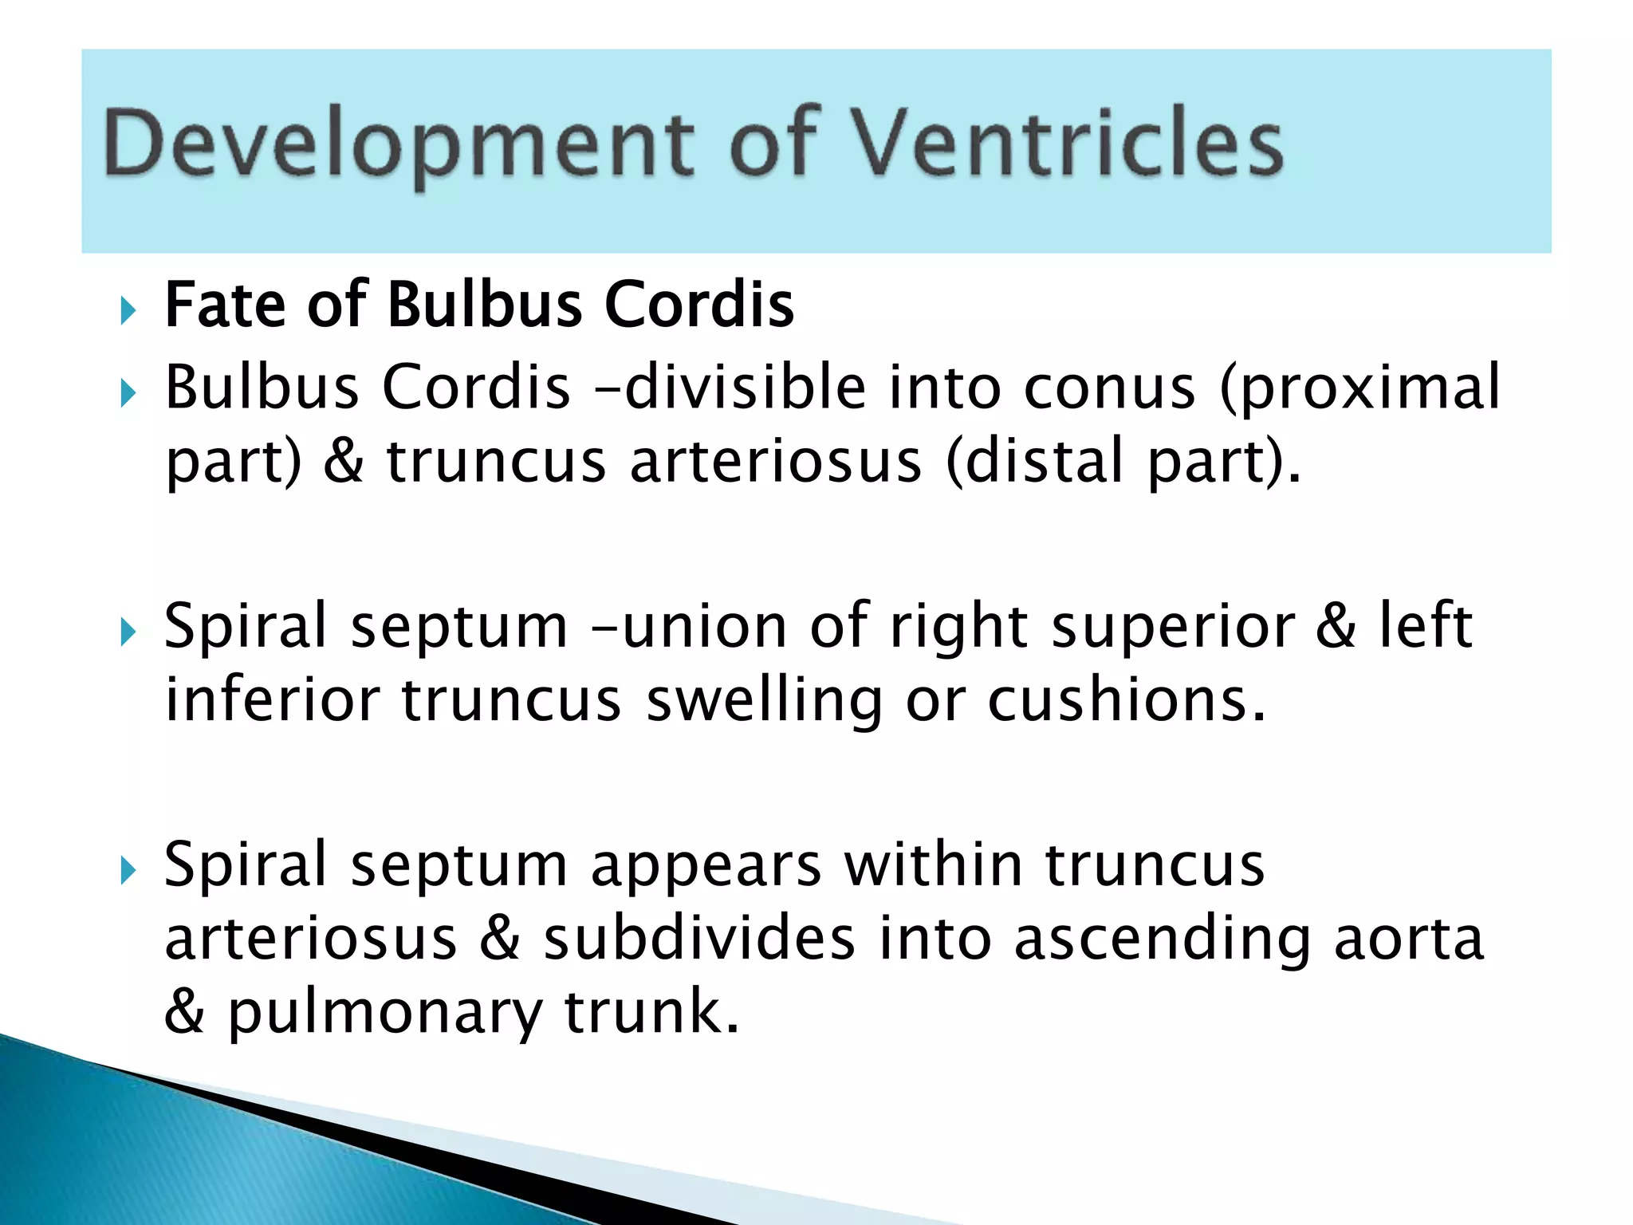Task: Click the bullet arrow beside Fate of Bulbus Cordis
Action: click(128, 310)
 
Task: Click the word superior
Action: click(1173, 628)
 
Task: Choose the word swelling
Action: click(764, 702)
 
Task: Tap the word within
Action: click(934, 865)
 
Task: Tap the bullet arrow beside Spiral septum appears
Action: click(128, 871)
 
